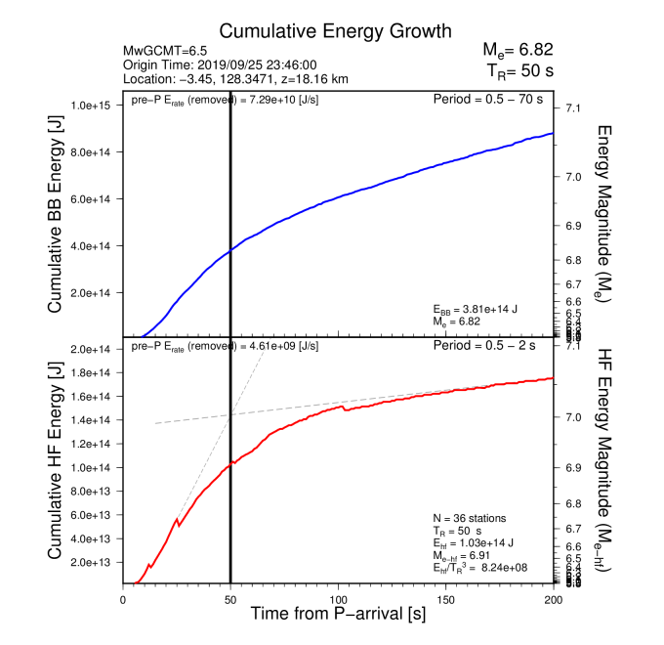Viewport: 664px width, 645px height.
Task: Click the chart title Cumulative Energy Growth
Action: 321,32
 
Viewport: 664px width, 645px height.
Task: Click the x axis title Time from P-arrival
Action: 338,615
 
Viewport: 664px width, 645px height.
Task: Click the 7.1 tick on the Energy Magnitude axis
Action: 573,107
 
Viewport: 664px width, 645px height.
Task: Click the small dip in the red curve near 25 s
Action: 179,527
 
